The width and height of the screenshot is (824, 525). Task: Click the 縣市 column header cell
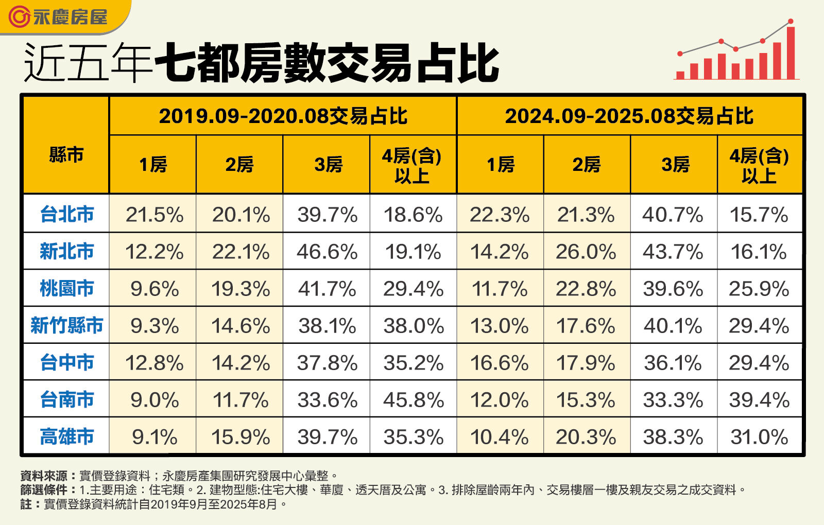pyautogui.click(x=66, y=154)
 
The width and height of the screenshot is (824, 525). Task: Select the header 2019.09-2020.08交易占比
pyautogui.click(x=283, y=116)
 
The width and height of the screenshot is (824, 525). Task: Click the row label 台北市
pyautogui.click(x=66, y=214)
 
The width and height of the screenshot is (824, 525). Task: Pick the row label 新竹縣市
pyautogui.click(x=66, y=325)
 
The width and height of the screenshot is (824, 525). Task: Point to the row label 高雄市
pyautogui.click(x=66, y=436)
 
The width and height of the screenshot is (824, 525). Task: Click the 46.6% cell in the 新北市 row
pyautogui.click(x=327, y=252)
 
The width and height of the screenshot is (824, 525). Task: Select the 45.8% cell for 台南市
pyautogui.click(x=413, y=400)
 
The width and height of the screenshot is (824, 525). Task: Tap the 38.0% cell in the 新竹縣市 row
pyautogui.click(x=413, y=326)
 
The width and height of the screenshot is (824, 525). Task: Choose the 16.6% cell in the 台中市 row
pyautogui.click(x=500, y=363)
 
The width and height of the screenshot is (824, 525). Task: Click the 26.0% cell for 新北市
pyautogui.click(x=586, y=252)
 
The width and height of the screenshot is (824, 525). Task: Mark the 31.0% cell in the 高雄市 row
pyautogui.click(x=759, y=437)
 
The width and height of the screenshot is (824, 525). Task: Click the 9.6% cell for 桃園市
pyautogui.click(x=154, y=289)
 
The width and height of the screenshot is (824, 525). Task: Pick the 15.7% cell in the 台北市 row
pyautogui.click(x=759, y=215)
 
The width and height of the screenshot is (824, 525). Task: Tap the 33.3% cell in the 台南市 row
pyautogui.click(x=673, y=400)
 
